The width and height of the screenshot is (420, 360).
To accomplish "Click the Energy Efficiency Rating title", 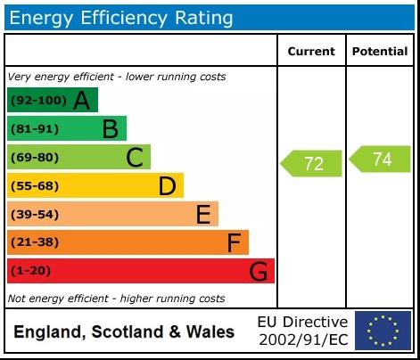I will (121, 17).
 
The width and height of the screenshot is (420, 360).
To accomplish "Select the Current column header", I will (311, 52).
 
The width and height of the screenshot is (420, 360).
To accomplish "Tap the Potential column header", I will (379, 52).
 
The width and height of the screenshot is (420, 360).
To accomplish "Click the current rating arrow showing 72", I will (312, 163).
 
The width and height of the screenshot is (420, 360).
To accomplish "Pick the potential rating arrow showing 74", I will (380, 160).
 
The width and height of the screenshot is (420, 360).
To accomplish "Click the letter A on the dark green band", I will (81, 101).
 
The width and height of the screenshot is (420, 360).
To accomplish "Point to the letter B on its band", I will (110, 129).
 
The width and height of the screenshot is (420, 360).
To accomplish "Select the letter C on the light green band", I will (135, 158).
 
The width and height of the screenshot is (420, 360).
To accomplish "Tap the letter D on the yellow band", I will (167, 186).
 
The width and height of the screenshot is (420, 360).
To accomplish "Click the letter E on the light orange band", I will (203, 215).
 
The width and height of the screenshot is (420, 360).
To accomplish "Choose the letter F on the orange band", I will (234, 242).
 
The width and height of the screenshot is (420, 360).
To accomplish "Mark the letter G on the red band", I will (258, 271).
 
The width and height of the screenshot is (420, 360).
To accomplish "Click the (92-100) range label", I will (37, 101).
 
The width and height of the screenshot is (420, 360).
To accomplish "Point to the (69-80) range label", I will (34, 158).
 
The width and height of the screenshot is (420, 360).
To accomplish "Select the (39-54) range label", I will (34, 215).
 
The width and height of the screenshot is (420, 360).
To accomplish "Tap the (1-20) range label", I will (30, 271).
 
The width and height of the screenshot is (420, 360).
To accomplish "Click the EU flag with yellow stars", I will (383, 331).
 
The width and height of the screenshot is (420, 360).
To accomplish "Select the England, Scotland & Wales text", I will (124, 332).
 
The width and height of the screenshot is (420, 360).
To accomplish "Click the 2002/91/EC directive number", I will (303, 340).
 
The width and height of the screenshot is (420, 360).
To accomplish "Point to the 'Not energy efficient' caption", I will (116, 299).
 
